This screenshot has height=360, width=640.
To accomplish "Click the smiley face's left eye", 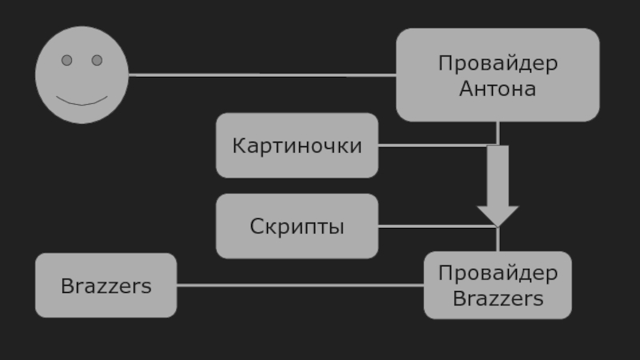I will [x=67, y=60].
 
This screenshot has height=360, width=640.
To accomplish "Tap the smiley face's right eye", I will [x=97, y=60].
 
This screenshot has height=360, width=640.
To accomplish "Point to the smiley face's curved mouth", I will [x=82, y=102].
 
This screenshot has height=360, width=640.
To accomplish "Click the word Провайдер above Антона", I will [x=498, y=63].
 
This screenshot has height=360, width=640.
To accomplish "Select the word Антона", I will [x=498, y=88].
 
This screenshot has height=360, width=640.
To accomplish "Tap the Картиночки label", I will [x=297, y=146].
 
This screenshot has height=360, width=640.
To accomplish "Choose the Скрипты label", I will [x=297, y=226].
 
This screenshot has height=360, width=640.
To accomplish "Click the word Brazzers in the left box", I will [x=106, y=286].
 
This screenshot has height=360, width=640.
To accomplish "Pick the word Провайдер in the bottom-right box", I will [x=498, y=274].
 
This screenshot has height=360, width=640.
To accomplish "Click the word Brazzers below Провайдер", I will [x=498, y=299].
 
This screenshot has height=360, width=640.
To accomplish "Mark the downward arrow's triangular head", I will [x=498, y=215].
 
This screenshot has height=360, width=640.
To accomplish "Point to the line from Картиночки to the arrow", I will [x=432, y=146].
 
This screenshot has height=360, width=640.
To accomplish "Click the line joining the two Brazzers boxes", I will [x=300, y=285].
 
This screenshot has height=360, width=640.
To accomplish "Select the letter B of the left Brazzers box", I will [x=66, y=286].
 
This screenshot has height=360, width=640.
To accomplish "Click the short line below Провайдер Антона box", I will [x=498, y=132].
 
